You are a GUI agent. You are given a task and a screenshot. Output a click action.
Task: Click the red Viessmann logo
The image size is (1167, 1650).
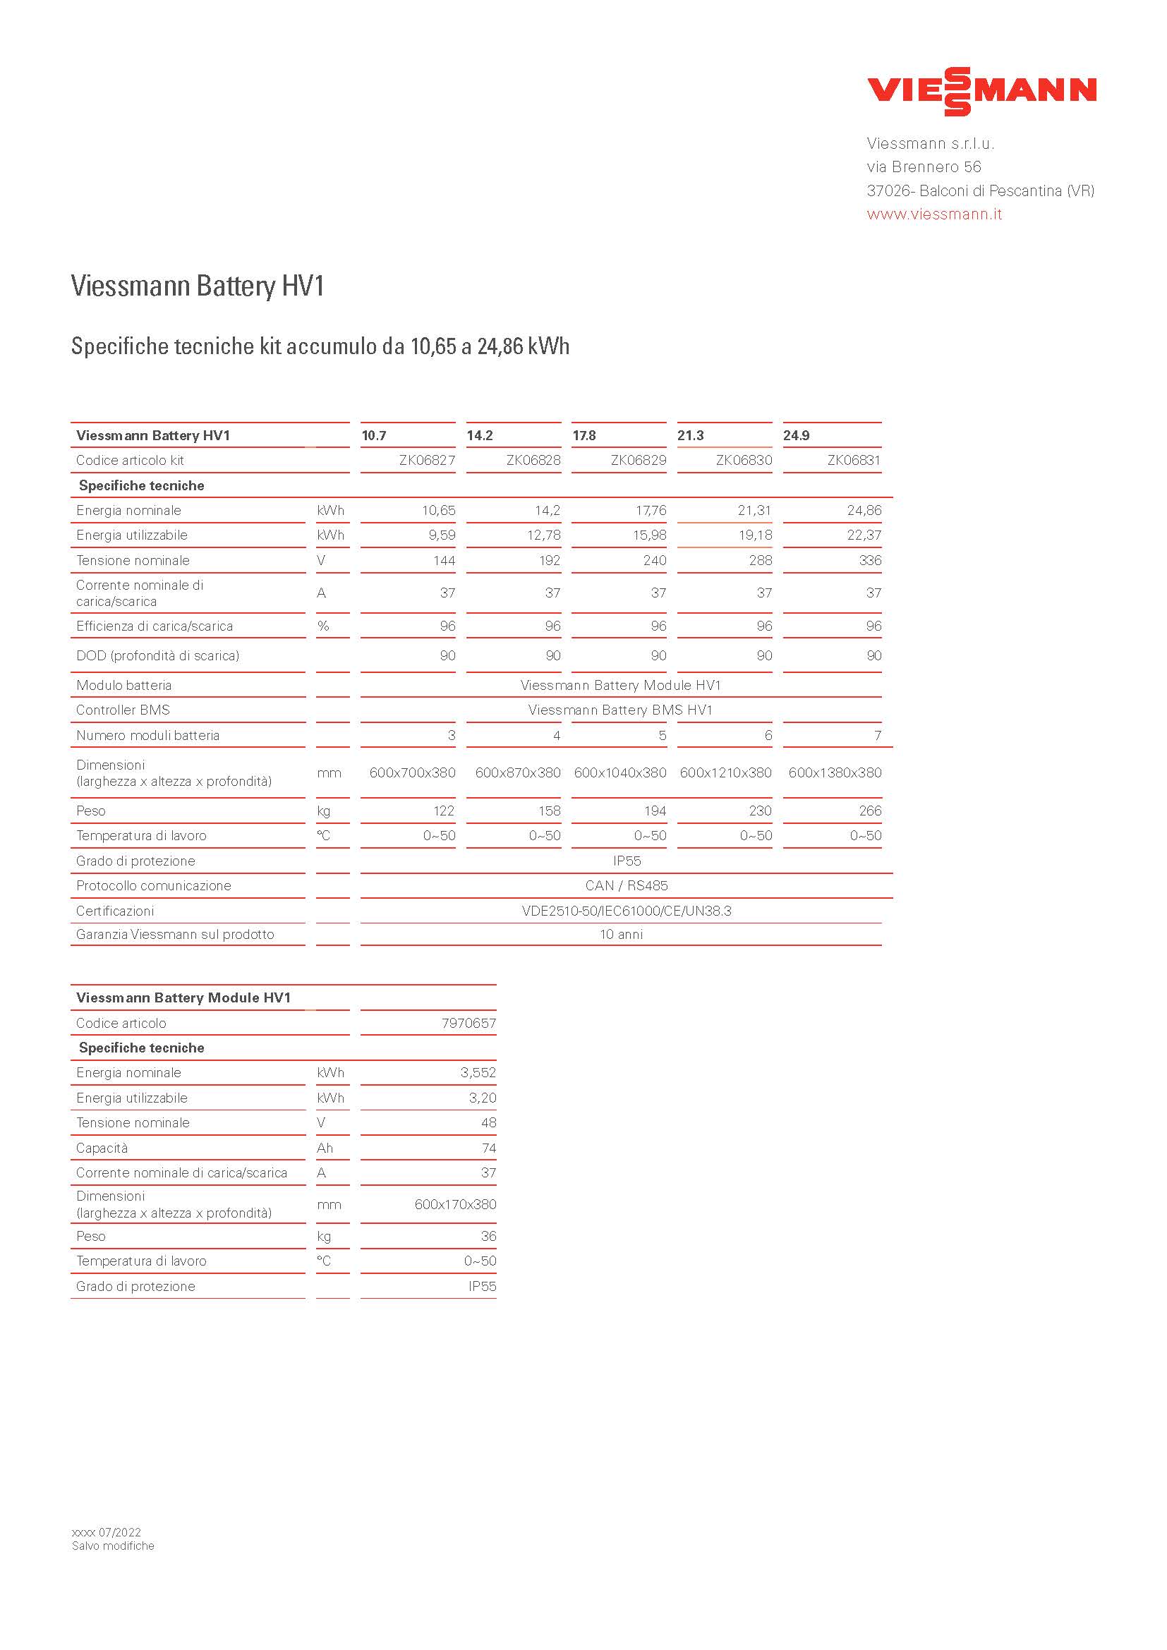[981, 91]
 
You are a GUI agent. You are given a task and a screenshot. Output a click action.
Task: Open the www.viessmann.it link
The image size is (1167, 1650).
[933, 214]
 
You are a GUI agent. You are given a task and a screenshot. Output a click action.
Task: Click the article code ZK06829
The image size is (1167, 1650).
[638, 461]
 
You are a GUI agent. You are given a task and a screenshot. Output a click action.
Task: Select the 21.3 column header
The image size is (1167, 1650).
[691, 435]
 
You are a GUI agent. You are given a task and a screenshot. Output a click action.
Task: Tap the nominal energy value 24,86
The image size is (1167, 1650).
[864, 511]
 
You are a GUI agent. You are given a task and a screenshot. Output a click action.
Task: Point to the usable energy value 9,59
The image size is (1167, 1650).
[442, 535]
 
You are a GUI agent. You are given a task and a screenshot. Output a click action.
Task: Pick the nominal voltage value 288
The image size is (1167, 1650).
[761, 561]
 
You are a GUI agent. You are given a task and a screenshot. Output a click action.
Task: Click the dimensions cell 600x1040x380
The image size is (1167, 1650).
[620, 773]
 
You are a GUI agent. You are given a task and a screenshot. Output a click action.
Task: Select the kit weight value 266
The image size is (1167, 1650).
[869, 811]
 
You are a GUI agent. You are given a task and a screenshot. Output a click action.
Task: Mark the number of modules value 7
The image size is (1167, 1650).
[878, 736]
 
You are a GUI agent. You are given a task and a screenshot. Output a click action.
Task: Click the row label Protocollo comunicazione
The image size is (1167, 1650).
[154, 886]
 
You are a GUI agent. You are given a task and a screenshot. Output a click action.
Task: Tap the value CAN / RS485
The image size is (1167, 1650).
[627, 886]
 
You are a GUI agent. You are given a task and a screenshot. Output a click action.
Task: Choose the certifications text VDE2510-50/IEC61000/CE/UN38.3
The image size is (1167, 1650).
[627, 911]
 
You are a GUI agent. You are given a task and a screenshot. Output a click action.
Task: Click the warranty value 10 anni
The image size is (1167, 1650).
[622, 935]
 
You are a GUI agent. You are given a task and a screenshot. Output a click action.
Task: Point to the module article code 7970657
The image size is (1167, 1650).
[468, 1024]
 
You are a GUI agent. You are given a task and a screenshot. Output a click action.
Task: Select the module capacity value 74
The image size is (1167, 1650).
[489, 1148]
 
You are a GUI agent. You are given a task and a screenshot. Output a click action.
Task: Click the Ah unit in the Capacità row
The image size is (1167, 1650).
[325, 1148]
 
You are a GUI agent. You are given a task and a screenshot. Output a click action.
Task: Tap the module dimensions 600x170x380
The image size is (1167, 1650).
[455, 1204]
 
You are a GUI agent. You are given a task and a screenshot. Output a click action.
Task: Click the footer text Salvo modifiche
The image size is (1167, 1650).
[113, 1546]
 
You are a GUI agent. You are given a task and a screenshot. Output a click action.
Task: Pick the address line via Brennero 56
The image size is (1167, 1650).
[924, 167]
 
